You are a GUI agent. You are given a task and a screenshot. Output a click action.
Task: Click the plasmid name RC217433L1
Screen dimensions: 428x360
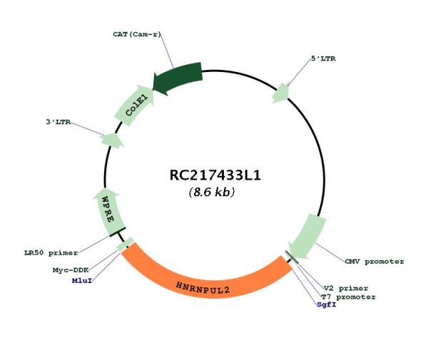pos(215,175)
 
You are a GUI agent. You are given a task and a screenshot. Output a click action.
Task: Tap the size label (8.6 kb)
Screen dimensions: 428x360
pos(212,192)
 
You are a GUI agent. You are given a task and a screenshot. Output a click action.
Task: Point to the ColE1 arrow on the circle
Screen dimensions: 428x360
pos(135,106)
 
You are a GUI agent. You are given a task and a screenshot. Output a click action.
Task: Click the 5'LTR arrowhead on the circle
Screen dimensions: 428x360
pos(281,93)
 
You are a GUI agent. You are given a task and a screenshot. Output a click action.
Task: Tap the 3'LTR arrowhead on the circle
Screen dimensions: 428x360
pos(112,140)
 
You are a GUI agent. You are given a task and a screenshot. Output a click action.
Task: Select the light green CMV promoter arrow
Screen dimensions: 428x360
pos(307,237)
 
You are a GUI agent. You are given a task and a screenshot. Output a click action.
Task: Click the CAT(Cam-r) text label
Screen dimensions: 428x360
pos(137,34)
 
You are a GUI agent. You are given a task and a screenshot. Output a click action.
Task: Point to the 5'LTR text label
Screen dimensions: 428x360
pos(323,58)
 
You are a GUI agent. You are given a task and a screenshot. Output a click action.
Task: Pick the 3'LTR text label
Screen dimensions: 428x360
pos(58,122)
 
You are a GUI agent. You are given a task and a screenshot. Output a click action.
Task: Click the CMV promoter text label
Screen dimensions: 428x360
pos(374,262)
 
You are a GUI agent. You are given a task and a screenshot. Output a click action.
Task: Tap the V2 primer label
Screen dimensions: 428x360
pos(346,288)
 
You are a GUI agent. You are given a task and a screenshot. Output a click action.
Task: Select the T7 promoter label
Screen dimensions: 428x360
pos(348,297)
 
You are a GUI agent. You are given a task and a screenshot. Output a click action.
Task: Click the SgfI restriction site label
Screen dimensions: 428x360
pos(327,304)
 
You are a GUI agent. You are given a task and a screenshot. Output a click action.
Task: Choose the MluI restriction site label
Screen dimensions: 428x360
pos(82,280)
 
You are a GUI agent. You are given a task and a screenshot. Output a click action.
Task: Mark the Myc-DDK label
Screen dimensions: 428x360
pos(71,270)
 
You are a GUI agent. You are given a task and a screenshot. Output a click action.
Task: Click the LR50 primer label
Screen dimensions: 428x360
pos(51,253)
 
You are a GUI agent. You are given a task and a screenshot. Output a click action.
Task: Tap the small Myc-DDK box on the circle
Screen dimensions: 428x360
pos(126,245)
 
